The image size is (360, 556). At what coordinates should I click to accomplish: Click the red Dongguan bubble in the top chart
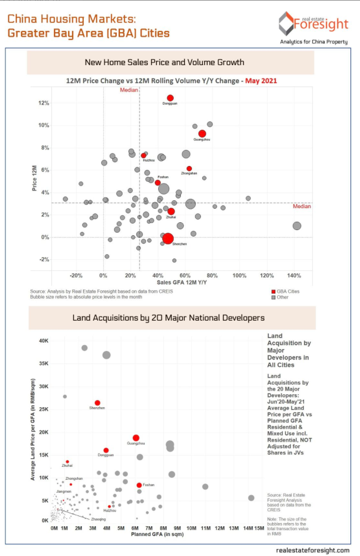pos(170,98)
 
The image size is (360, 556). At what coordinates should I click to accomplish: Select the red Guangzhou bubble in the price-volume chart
pos(202,133)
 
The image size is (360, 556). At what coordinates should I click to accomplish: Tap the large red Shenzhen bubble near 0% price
pos(168,238)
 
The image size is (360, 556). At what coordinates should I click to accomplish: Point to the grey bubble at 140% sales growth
pos(297,226)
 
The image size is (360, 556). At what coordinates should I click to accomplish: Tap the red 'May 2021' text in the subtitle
pos(261,80)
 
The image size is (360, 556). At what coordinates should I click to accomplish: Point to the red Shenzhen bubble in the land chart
pos(97,403)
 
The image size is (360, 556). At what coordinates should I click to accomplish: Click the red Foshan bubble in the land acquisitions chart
pos(139,485)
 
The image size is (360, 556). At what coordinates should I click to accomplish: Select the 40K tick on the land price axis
pos(43,341)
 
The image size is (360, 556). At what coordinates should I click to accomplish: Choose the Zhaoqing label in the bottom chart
pos(98,518)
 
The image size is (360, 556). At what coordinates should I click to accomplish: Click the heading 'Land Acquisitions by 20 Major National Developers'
pos(168,318)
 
